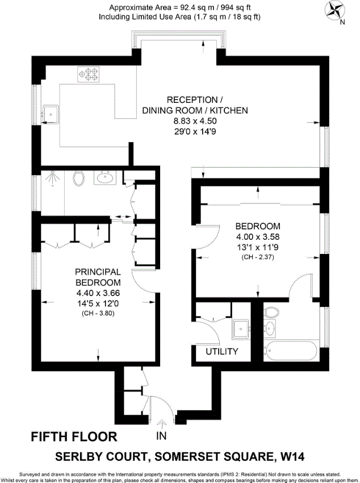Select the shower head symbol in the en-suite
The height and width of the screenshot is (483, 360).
pos(52,177)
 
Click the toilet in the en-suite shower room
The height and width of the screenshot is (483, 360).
pos(81,179)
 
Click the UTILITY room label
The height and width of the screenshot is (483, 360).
pos(221,352)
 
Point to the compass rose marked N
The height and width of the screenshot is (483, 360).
pos(336,12)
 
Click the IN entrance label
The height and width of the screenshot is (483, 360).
pos(162,436)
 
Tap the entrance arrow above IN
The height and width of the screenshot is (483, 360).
pos(162,423)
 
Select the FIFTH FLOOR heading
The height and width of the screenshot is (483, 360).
pos(73,436)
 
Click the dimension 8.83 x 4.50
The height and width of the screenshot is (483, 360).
pos(195,121)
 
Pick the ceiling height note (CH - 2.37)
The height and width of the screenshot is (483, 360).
pos(258,257)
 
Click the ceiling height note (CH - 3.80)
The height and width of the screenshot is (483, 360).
pos(98,313)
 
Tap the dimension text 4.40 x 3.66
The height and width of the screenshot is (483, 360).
pos(98,293)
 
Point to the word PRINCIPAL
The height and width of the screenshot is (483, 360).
pos(98,273)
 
